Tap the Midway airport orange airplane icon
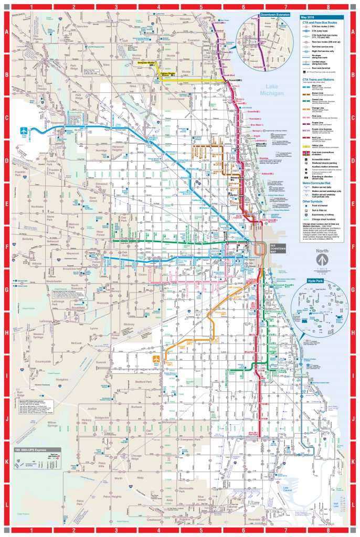pyautogui.click(x=156, y=360)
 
